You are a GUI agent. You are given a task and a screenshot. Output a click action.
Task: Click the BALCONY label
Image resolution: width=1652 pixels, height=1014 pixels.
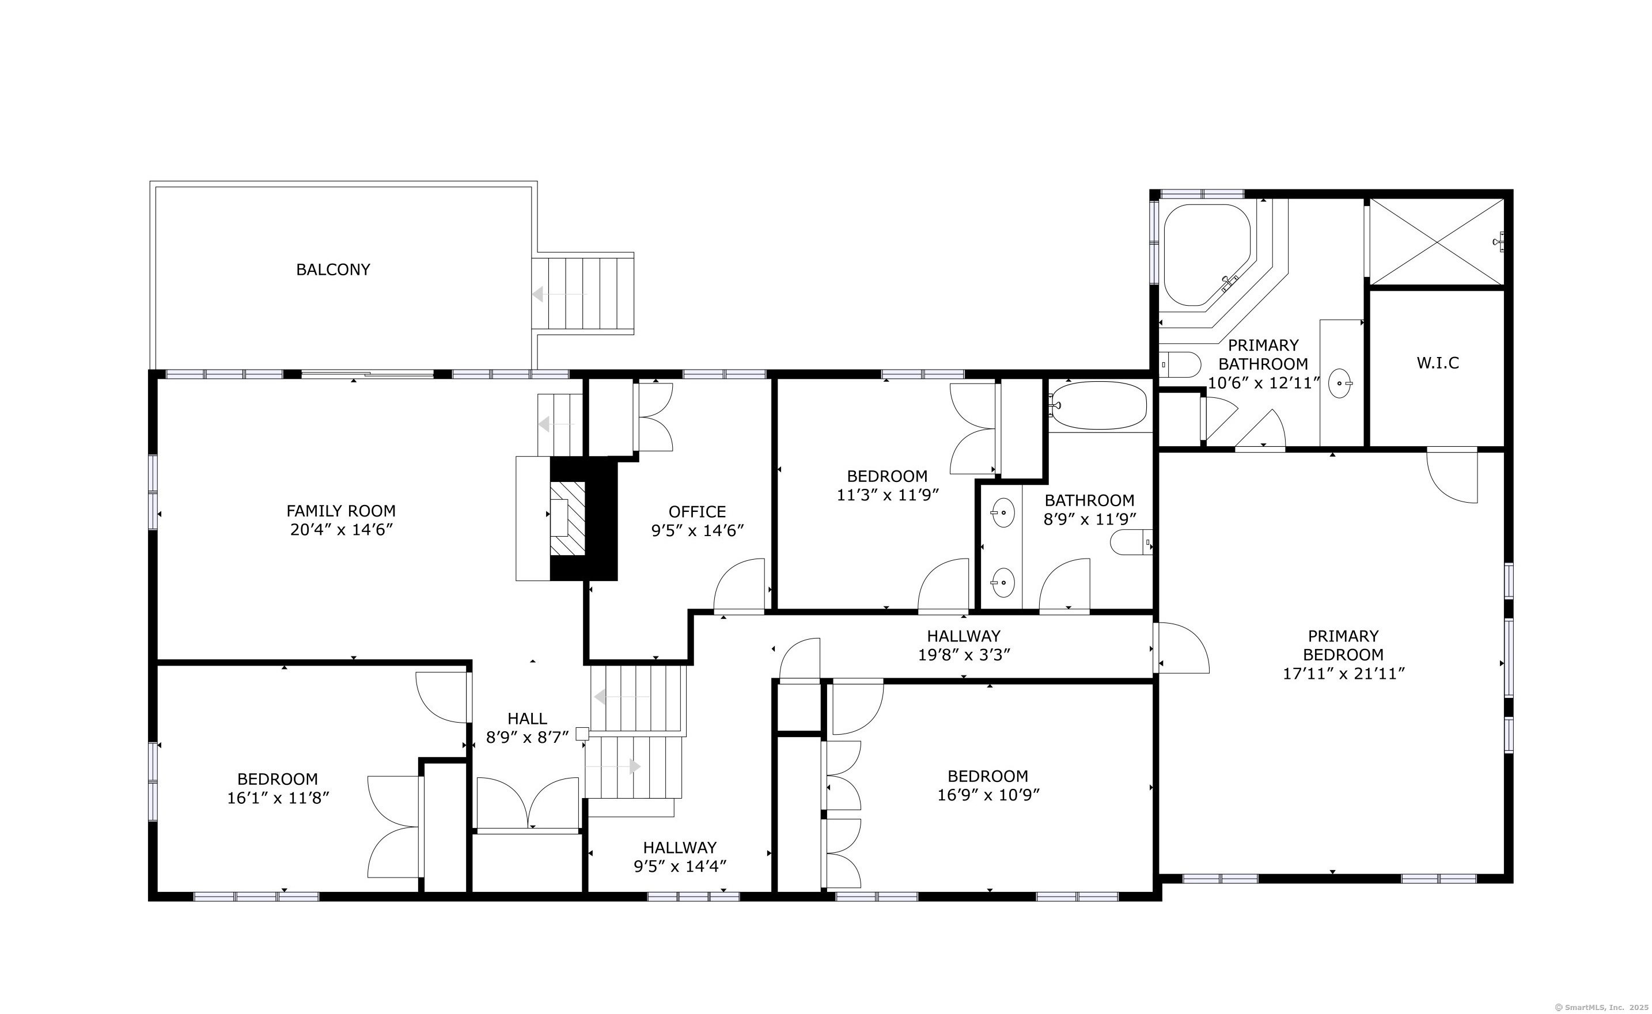[333, 269]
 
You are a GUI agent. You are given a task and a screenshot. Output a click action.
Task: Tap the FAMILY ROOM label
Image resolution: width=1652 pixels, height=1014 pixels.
[341, 510]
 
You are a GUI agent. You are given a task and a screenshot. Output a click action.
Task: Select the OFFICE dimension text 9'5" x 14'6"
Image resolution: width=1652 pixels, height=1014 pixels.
[698, 530]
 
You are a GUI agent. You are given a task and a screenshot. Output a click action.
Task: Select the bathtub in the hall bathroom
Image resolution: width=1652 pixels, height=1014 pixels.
[1098, 405]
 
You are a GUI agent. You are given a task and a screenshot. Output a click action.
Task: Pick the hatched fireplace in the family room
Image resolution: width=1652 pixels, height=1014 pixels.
[567, 518]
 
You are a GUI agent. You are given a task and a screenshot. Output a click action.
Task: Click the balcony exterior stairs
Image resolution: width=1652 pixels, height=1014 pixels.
[583, 294]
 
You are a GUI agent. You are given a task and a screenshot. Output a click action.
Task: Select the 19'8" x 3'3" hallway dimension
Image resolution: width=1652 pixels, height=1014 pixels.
[964, 655]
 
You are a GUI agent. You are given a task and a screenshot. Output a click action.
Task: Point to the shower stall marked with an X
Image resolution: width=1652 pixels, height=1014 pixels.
[1435, 241]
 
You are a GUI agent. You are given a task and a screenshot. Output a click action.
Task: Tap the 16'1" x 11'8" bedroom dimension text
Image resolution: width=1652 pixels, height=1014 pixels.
[278, 797]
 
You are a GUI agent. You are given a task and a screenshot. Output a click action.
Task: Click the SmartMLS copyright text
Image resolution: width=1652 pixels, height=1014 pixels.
[1602, 1007]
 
